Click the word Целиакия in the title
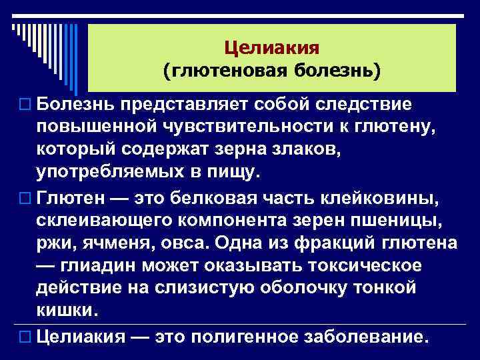(x=272, y=48)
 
